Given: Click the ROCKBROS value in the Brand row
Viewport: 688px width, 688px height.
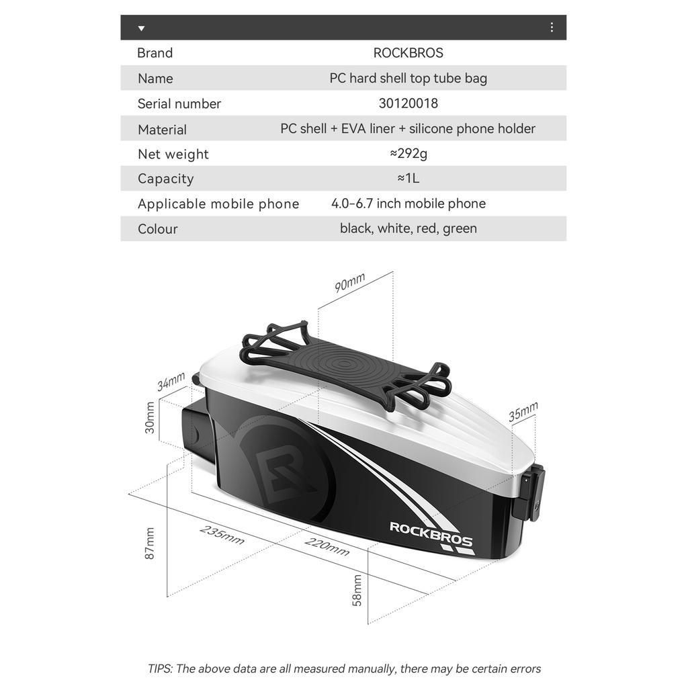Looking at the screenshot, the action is (408, 53).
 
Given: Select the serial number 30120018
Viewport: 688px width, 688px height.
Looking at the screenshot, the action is (408, 103).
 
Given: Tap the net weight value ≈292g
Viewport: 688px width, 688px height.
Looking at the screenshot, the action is (408, 153).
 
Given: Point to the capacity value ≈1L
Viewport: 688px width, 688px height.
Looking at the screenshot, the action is (408, 179).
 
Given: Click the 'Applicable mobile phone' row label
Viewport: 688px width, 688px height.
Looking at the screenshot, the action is (218, 204).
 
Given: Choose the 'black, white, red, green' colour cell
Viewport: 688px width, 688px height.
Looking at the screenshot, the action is (408, 228).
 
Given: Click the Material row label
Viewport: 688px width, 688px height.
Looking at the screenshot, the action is (162, 130).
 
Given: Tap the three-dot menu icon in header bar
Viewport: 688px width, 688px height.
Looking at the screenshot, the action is (552, 28).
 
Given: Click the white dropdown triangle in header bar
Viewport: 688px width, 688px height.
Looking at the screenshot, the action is (141, 28).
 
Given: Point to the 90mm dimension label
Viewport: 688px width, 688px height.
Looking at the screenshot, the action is (350, 283).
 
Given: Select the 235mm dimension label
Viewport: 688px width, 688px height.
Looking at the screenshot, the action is (222, 535).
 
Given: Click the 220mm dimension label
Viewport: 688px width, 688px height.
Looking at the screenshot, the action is (327, 547).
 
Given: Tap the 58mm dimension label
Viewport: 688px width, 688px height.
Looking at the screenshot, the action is (357, 590).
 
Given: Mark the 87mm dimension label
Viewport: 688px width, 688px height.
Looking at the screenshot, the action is (150, 543).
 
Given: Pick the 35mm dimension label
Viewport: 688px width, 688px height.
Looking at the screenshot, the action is (523, 412).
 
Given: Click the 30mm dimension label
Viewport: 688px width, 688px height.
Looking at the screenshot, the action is (150, 417).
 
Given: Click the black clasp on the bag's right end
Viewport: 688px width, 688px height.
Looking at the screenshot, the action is (529, 494).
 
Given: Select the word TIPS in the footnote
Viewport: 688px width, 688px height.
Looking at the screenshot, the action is (159, 669).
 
